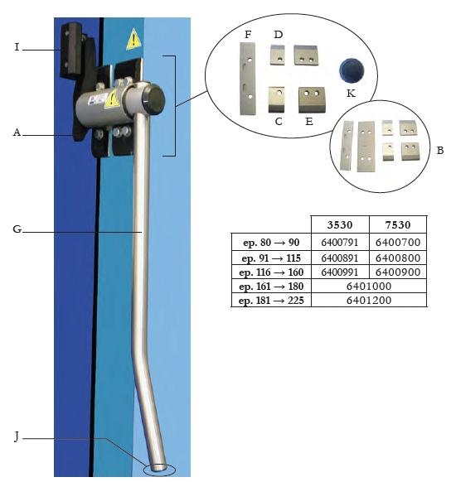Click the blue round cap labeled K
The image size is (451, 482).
(352, 70)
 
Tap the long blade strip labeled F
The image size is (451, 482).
(248, 79)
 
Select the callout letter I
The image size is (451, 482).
(17, 47)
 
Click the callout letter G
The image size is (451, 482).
(17, 229)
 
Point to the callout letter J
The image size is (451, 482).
(17, 436)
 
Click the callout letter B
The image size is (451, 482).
(440, 151)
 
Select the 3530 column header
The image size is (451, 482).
(340, 225)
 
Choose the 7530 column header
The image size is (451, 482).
(398, 225)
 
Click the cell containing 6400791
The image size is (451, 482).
(340, 243)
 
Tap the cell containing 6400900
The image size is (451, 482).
(398, 272)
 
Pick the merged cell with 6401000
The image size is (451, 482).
(369, 287)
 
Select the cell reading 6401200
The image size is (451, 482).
(369, 300)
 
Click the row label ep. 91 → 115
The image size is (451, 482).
(271, 258)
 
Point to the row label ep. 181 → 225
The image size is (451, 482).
(271, 300)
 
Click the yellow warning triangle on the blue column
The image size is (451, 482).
(133, 40)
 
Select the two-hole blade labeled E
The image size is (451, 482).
(312, 99)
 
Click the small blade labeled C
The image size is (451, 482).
(276, 99)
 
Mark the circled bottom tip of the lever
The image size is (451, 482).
(159, 470)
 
